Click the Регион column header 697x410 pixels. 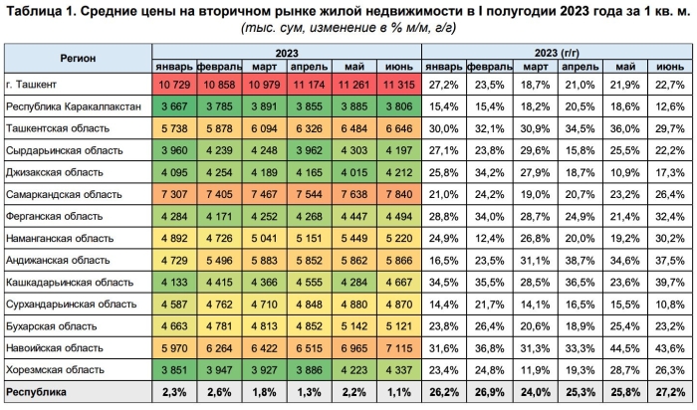pyautogui.click(x=77, y=58)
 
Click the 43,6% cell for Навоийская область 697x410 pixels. pyautogui.click(x=669, y=347)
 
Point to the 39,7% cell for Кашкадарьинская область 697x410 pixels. pyautogui.click(x=669, y=282)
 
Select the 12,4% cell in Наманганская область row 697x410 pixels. pyautogui.click(x=489, y=238)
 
